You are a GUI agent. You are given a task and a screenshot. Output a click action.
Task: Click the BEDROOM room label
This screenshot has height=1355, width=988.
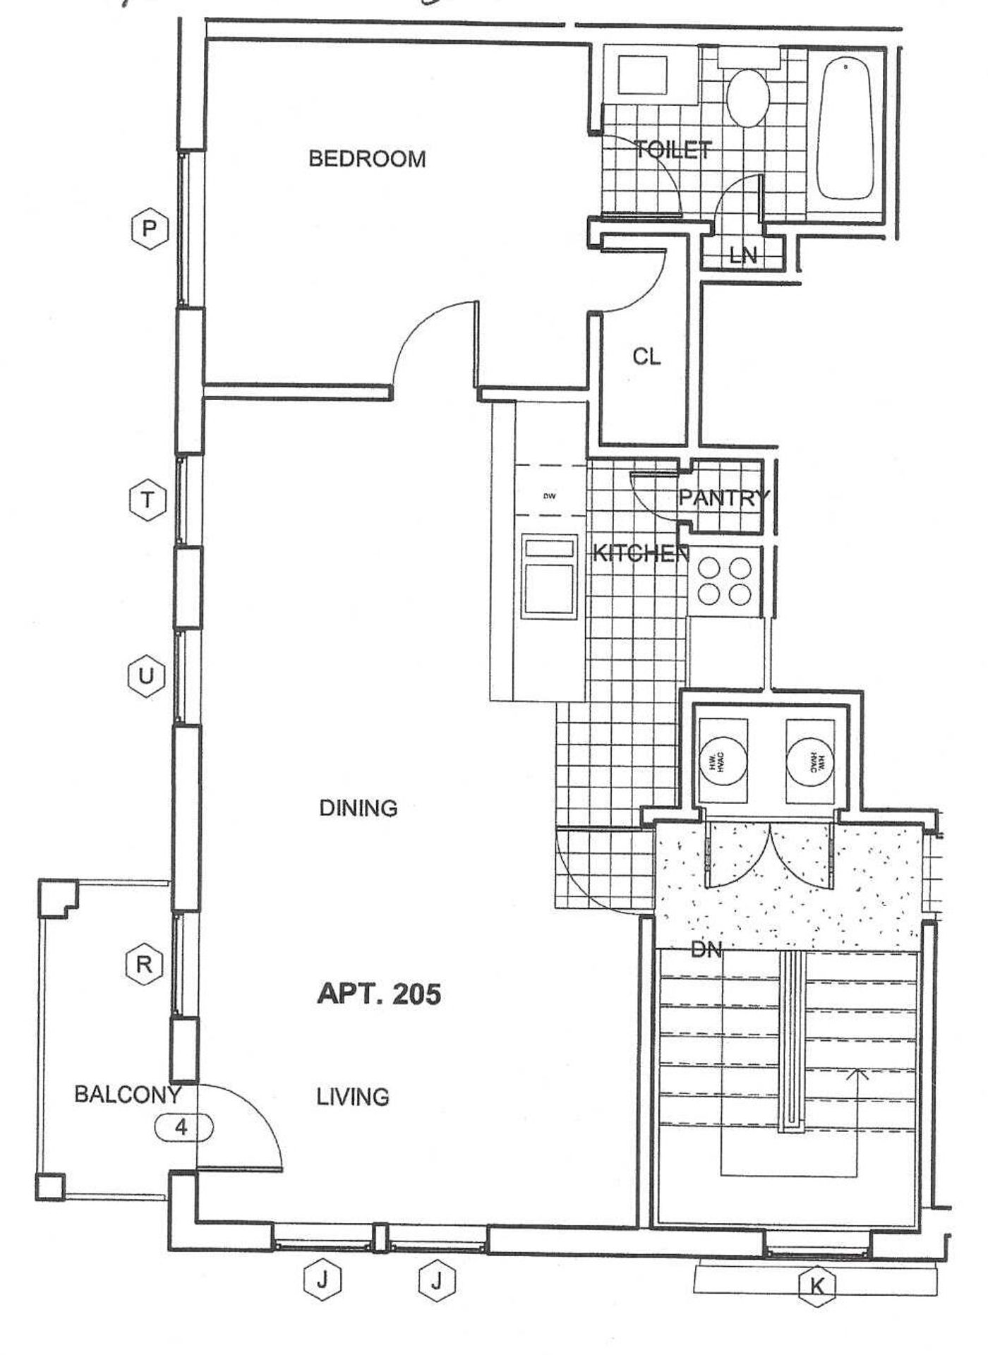click(367, 159)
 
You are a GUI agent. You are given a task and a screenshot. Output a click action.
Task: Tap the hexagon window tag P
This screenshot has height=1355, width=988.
click(150, 229)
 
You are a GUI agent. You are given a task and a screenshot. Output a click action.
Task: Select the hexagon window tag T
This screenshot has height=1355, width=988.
click(147, 500)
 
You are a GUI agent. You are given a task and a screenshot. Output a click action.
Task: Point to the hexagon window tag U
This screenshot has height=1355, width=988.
click(146, 677)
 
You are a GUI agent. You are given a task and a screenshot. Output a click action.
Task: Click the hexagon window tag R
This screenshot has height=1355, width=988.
click(144, 964)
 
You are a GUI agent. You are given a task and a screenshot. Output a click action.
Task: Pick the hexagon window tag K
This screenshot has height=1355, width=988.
click(817, 1286)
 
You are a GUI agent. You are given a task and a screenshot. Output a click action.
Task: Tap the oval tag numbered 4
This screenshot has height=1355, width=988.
click(183, 1127)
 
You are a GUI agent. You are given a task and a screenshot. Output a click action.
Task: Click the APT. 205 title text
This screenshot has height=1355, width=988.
click(379, 994)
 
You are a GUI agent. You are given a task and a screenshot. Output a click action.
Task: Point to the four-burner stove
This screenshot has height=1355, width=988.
click(725, 581)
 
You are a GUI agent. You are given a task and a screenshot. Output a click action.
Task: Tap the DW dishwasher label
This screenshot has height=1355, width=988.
click(550, 496)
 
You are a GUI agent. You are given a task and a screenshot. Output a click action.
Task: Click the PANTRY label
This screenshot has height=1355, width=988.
click(723, 498)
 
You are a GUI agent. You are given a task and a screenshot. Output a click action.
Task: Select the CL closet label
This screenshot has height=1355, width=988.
click(646, 357)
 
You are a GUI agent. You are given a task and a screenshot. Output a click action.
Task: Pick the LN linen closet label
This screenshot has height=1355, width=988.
click(743, 255)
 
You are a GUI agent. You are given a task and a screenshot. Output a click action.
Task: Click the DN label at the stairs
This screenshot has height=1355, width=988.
click(706, 950)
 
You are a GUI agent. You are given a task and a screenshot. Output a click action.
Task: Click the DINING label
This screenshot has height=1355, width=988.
click(359, 808)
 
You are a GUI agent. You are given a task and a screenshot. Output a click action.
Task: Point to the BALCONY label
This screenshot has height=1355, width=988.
click(128, 1095)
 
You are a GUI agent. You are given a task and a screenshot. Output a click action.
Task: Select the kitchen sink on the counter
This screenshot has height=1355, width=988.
click(548, 577)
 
